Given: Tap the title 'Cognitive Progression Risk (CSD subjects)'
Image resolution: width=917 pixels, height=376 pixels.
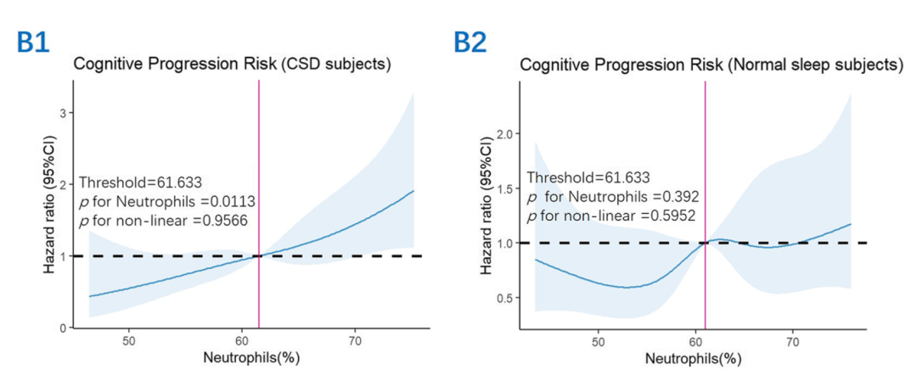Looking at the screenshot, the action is pos(231,65).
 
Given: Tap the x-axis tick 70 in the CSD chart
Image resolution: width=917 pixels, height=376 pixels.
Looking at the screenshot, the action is pos(354,340).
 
